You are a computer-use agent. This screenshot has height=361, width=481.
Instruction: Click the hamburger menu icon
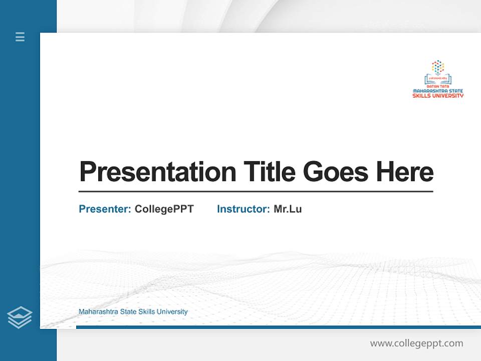pos(20,37)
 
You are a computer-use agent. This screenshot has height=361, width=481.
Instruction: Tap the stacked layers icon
pos(20,317)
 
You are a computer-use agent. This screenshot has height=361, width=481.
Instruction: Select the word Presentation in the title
pos(157,172)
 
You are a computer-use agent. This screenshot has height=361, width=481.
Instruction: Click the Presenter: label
pos(105,209)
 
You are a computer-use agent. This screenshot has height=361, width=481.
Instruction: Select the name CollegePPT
pos(164,209)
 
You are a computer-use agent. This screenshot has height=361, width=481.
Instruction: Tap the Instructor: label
pos(243,209)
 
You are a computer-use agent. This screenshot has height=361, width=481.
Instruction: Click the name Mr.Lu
pos(288,209)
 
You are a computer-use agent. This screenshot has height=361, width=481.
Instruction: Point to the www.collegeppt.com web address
pos(416,343)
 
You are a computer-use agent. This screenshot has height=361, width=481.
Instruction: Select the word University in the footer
pos(172,312)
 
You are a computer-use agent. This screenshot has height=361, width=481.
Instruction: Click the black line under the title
pos(256,191)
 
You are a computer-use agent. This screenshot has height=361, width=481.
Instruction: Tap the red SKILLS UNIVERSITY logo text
pos(438,96)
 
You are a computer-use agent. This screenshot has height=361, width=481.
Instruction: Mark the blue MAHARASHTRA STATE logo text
pos(438,91)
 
